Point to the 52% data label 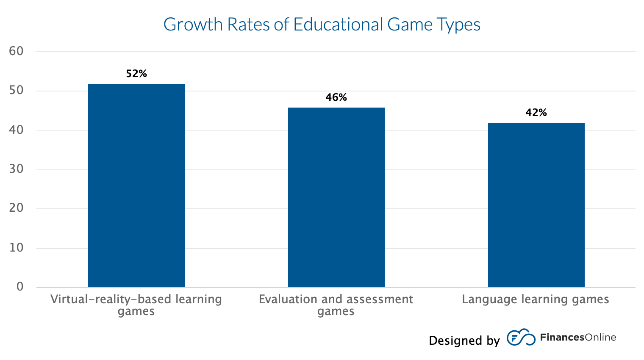[x=136, y=74]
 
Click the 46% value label [x=336, y=97]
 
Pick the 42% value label [x=536, y=113]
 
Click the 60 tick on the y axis [x=16, y=51]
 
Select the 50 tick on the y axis [x=16, y=91]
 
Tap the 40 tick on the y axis [x=16, y=130]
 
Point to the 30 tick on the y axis [x=16, y=169]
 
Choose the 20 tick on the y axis [x=16, y=208]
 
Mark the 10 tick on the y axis [x=16, y=248]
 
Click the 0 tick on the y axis [x=20, y=287]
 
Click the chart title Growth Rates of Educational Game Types [x=322, y=25]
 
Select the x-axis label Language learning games [x=535, y=299]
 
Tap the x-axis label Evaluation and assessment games [x=336, y=305]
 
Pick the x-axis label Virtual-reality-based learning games [x=136, y=305]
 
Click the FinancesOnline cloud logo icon [x=521, y=337]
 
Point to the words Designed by [x=464, y=341]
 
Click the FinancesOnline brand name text [x=578, y=338]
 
